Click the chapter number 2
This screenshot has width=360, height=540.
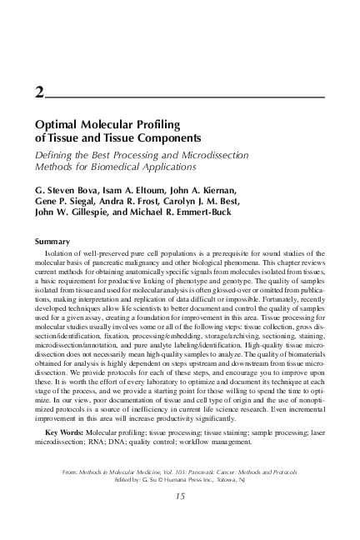39,93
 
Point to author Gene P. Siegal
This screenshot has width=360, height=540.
67,202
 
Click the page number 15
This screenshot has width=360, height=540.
180,520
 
